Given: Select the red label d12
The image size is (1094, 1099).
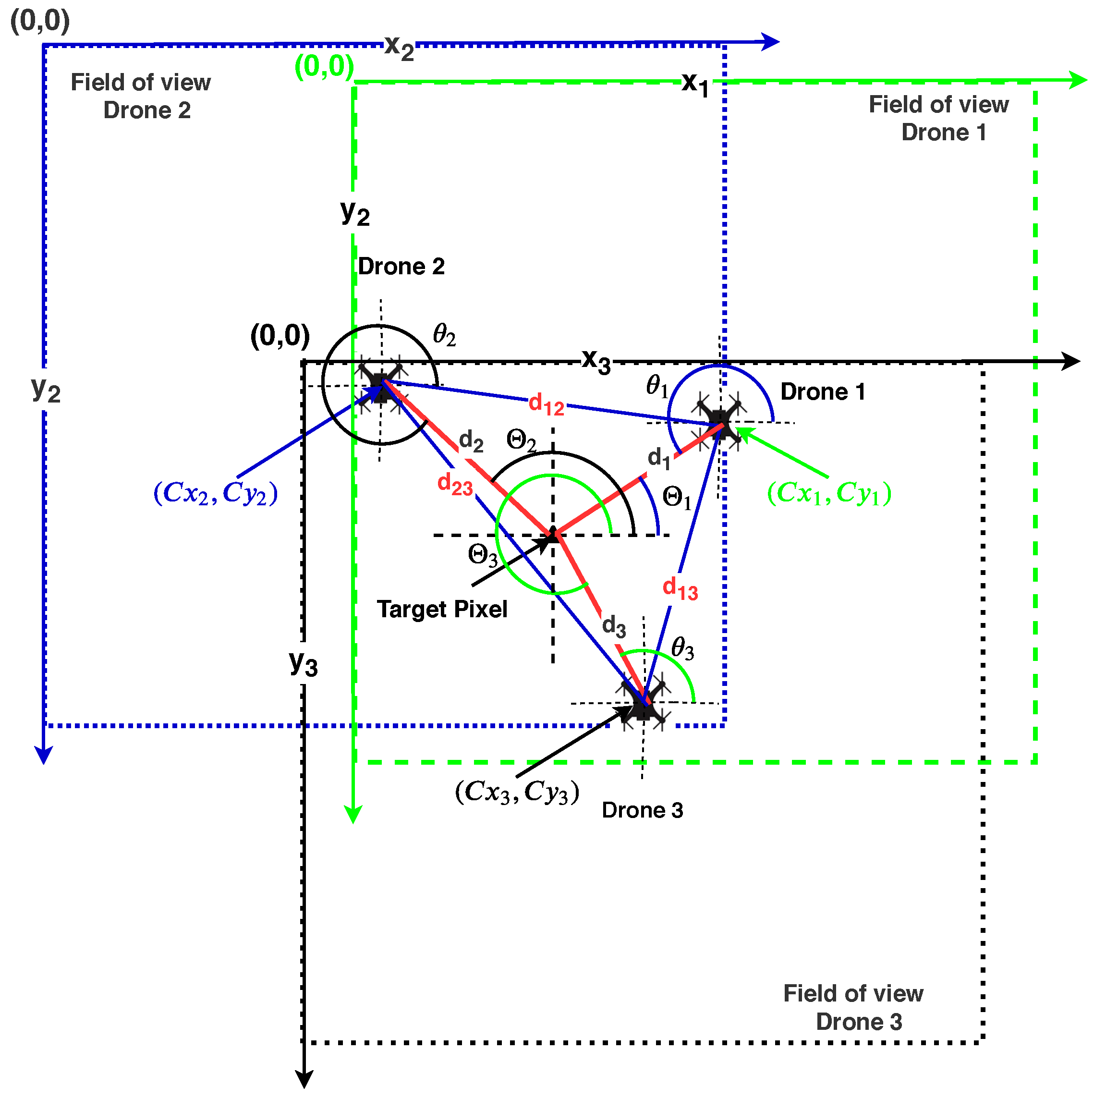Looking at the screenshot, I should tap(547, 405).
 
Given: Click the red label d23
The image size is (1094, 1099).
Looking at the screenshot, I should tap(455, 485).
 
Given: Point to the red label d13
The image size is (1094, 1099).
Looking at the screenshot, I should tap(680, 589).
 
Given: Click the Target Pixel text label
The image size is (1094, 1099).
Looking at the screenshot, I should tap(442, 609).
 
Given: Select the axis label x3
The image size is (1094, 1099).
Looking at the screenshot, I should tap(596, 361).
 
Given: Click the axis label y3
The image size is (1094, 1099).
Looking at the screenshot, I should tap(303, 663).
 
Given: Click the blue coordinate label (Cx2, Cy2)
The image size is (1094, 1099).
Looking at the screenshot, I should tap(216, 493).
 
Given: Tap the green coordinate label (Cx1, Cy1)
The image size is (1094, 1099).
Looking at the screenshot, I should tap(829, 493).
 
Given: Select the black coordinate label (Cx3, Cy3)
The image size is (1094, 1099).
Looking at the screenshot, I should tap(517, 791).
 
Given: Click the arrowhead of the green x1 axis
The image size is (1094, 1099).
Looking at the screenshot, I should tap(1078, 80).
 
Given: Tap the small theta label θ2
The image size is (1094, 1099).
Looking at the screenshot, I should tap(444, 335).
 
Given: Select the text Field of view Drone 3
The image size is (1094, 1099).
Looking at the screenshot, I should tap(853, 1007).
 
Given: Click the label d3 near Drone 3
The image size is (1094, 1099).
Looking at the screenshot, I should tap(614, 626).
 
